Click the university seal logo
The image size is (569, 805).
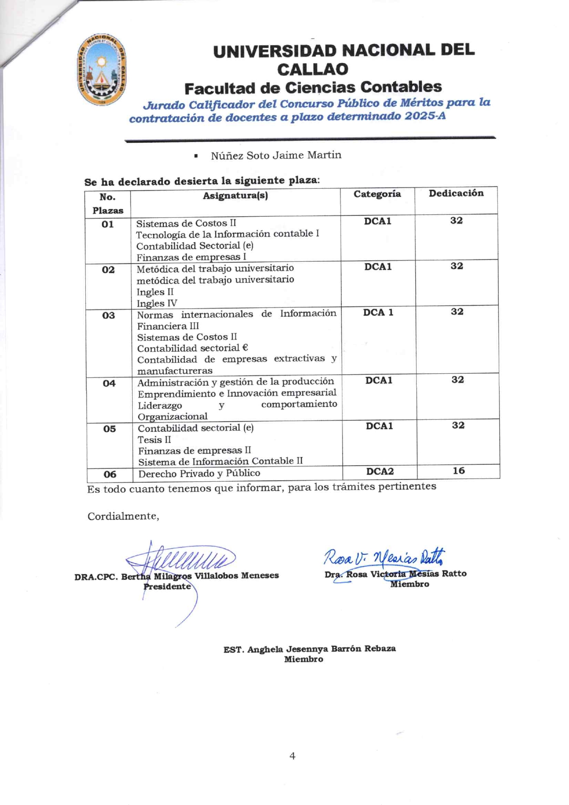coord(101,70)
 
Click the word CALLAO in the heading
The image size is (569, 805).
coord(312,69)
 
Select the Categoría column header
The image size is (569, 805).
coord(377,194)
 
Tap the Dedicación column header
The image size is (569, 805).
coord(456,193)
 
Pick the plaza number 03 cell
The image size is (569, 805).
coord(108,315)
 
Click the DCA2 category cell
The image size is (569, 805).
coord(379,472)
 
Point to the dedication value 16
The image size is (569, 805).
coord(458,471)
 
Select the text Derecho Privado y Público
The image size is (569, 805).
coord(199,473)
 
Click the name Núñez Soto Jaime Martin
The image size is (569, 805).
coord(276,156)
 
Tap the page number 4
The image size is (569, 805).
coord(292,756)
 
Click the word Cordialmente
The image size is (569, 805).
coord(123,516)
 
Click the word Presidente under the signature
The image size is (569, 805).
coord(167,586)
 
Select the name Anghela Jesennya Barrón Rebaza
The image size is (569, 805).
coord(321,649)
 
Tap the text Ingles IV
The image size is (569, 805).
coord(156,304)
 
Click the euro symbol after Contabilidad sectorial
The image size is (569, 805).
coord(245,348)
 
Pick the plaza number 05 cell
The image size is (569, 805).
coord(109,429)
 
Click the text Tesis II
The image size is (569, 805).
coord(154,439)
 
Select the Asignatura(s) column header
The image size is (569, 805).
coord(235,196)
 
